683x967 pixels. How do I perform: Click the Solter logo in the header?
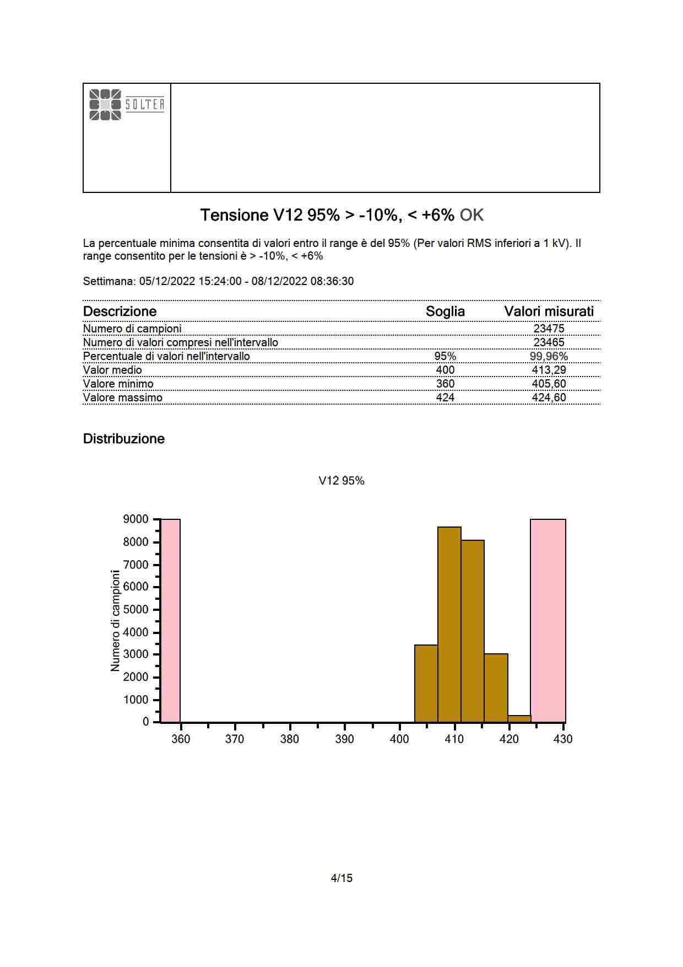coord(127,104)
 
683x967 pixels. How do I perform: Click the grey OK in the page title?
coord(471,215)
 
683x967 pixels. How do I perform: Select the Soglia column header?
coord(445,311)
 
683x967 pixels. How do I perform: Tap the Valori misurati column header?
coord(549,311)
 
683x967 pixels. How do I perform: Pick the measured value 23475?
coord(549,329)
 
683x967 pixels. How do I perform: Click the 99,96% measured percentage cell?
coord(549,356)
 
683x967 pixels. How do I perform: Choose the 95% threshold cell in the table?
coord(445,356)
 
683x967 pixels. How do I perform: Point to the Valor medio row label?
coord(112,370)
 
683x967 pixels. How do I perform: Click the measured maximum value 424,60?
coord(549,397)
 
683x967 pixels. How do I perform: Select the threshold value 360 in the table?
coord(445,384)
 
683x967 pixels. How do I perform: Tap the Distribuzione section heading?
coord(124,439)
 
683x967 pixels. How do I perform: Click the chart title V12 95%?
coord(341,481)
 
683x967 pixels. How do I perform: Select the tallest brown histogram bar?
coord(449,624)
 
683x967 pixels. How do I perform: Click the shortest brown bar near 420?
coord(519,718)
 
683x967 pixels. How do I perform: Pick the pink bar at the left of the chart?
coord(170,620)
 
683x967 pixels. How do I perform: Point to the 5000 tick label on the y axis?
coord(135,610)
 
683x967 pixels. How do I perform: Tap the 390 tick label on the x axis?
coord(344,739)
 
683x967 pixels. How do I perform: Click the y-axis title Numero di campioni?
coord(115,620)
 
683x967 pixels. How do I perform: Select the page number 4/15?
coord(341,878)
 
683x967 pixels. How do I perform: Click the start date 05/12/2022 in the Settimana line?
coord(167,281)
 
